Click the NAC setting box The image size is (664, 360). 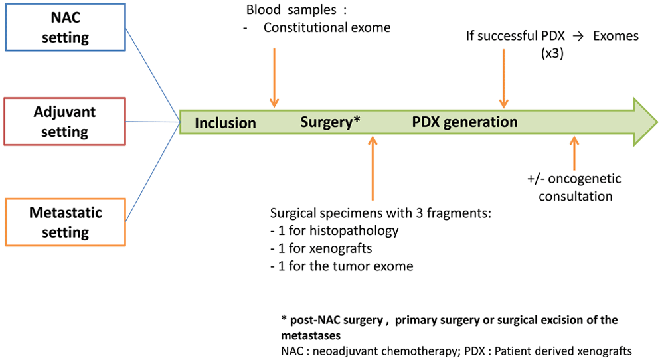[65, 27]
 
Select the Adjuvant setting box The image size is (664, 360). [65, 122]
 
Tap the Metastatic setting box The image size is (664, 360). [65, 223]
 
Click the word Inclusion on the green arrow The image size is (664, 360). [225, 123]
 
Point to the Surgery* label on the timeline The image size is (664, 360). [330, 122]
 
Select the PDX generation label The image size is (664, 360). [465, 122]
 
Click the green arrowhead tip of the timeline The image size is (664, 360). [657, 122]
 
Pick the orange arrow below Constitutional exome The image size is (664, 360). [274, 78]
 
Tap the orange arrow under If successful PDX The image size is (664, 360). [503, 79]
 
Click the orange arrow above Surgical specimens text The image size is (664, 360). [373, 168]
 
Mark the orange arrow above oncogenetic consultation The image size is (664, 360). [574, 153]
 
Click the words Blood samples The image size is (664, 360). [291, 10]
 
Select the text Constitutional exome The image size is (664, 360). [327, 27]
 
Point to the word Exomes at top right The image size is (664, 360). [616, 36]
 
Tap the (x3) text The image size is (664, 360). [552, 54]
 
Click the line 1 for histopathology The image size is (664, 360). [335, 231]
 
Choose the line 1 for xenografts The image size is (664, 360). [321, 248]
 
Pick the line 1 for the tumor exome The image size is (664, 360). [342, 266]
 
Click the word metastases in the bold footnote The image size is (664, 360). [311, 336]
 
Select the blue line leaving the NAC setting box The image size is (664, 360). [153, 75]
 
